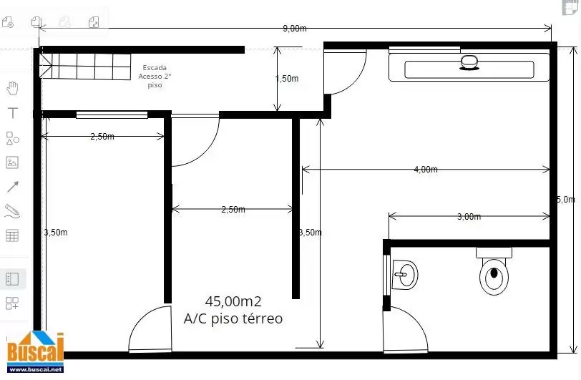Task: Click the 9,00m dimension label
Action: [x=295, y=29]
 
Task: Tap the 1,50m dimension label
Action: [x=287, y=79]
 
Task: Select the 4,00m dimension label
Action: [x=426, y=170]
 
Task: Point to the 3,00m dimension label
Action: [x=469, y=217]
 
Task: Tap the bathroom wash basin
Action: [x=405, y=275]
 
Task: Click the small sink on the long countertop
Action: [x=469, y=62]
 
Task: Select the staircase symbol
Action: [x=85, y=66]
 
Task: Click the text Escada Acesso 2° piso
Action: [x=155, y=77]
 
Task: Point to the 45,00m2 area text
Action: [x=233, y=301]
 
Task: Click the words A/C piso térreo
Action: [x=233, y=318]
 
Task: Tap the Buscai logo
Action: [x=36, y=352]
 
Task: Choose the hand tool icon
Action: [x=12, y=88]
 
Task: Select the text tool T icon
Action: [x=13, y=112]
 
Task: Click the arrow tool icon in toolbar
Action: [x=13, y=187]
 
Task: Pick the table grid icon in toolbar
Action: [x=12, y=235]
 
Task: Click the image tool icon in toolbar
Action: [x=12, y=162]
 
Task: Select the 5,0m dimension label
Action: [x=566, y=200]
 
